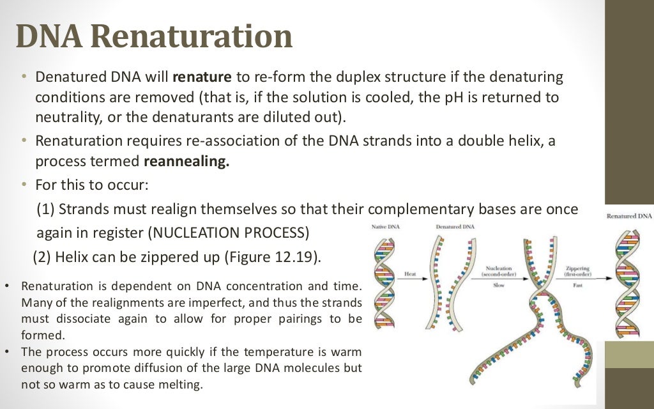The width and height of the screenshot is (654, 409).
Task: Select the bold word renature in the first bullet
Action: click(202, 78)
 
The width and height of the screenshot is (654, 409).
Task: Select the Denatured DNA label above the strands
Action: click(455, 227)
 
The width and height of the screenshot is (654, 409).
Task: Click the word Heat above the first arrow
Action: click(410, 274)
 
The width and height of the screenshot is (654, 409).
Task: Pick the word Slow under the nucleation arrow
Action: click(498, 285)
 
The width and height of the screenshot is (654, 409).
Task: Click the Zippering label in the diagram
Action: click(577, 268)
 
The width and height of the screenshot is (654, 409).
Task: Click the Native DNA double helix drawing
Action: click(383, 281)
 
